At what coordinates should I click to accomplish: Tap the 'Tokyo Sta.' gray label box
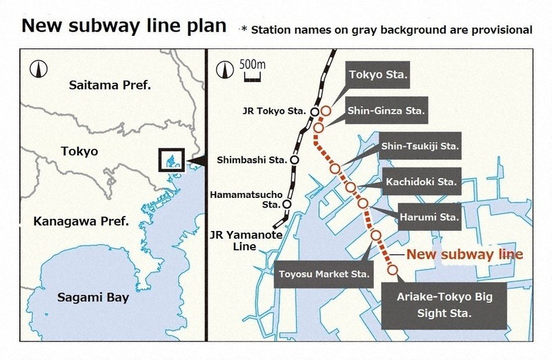pyautogui.click(x=378, y=74)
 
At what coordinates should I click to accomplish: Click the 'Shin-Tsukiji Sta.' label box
pyautogui.click(x=420, y=146)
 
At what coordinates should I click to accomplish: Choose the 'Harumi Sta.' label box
pyautogui.click(x=429, y=217)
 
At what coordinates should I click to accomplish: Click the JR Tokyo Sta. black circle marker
pyautogui.click(x=314, y=112)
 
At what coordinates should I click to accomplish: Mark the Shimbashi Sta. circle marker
pyautogui.click(x=295, y=159)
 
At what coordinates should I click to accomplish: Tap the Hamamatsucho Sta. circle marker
pyautogui.click(x=286, y=204)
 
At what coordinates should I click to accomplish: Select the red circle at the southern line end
pyautogui.click(x=392, y=270)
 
